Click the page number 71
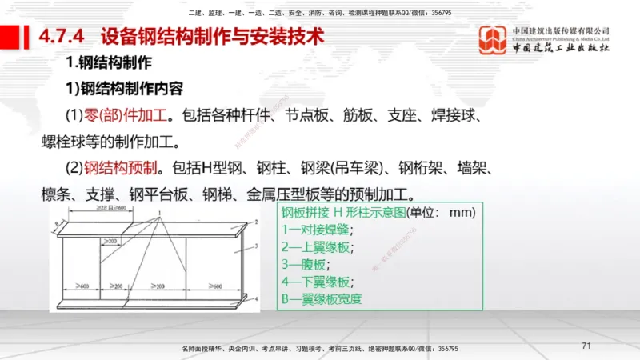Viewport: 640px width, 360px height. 586,346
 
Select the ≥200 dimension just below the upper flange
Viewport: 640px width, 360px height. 110,241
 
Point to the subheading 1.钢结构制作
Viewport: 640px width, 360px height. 109,62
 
